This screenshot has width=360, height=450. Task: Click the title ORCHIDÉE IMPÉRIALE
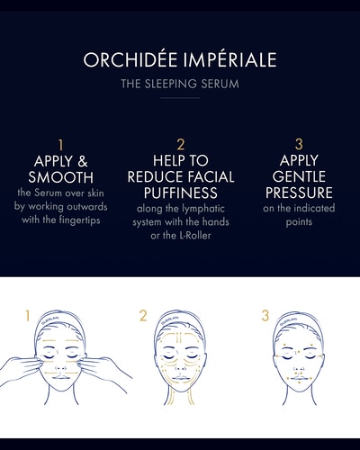[179, 61]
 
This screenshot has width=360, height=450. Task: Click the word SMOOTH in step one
[60, 176]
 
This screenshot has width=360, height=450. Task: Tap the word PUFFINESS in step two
[180, 193]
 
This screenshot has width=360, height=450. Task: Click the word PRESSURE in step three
[300, 193]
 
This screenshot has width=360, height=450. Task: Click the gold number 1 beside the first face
[28, 316]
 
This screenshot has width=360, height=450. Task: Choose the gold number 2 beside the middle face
[143, 316]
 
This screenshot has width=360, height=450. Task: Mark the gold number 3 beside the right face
[265, 316]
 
